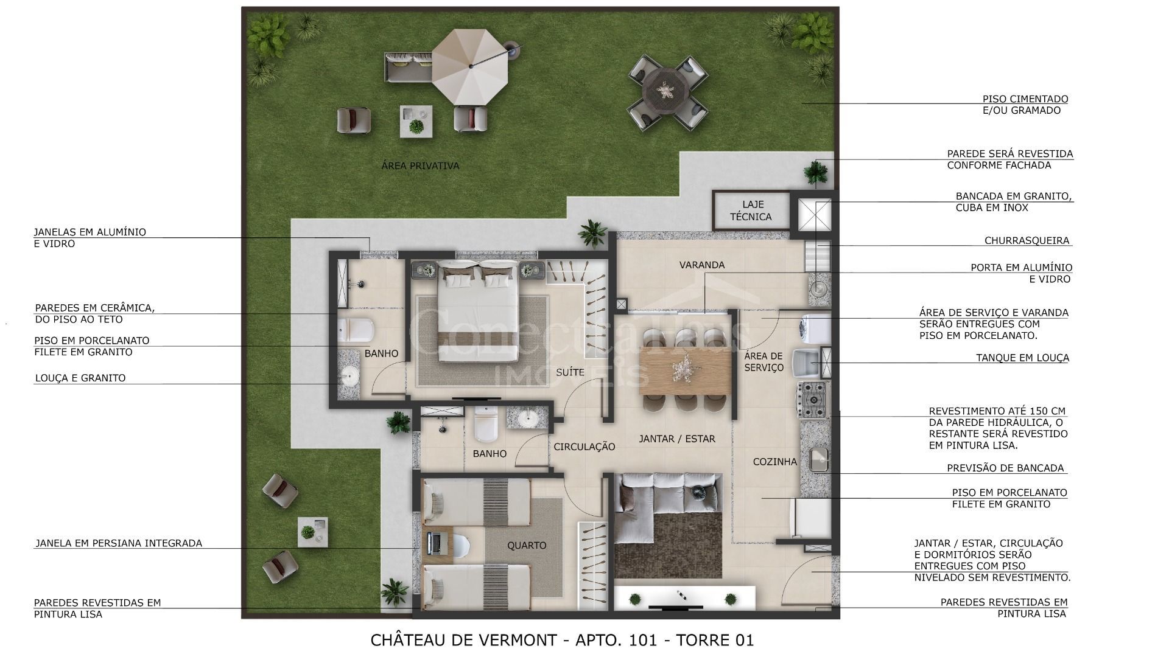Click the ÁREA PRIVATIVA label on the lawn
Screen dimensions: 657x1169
[420, 165]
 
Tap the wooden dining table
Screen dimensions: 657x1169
[686, 370]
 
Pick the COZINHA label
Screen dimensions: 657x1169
[774, 462]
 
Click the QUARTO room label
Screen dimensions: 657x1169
[527, 545]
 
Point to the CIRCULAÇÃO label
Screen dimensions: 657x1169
[584, 447]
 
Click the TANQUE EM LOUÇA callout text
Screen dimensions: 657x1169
[1022, 358]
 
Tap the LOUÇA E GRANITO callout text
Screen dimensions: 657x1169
[80, 378]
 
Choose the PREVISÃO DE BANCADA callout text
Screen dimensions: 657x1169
[1005, 468]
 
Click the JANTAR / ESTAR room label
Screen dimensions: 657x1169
[676, 438]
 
